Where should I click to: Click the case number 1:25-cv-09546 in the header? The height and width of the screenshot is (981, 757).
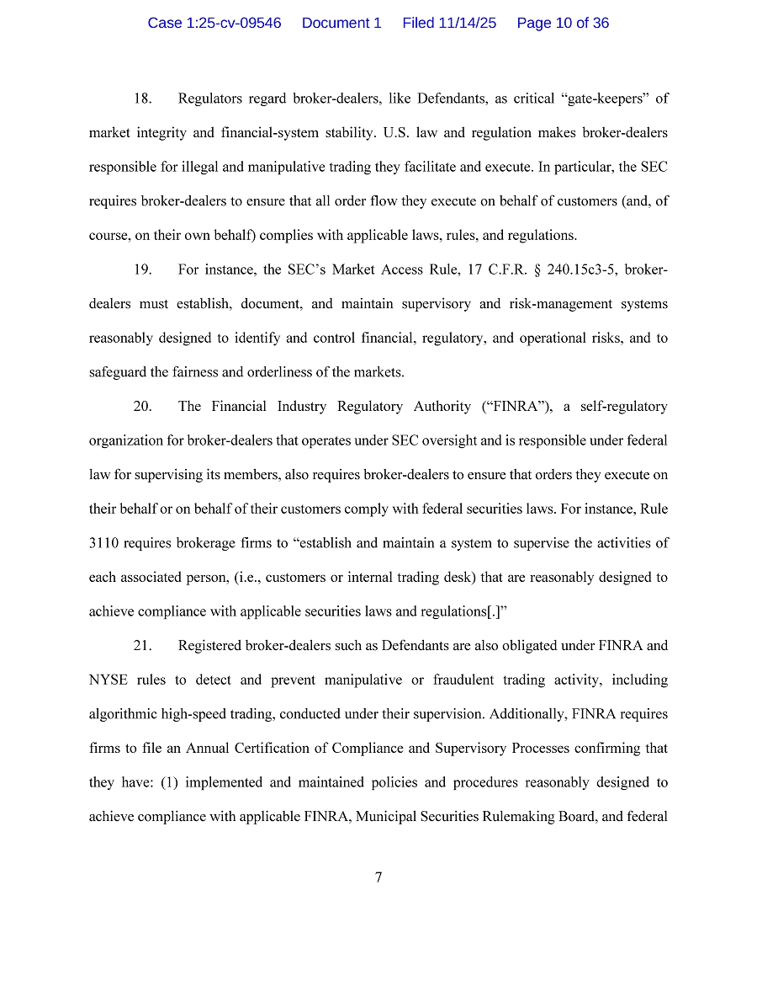(x=214, y=23)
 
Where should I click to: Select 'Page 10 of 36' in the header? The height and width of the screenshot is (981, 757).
(x=563, y=23)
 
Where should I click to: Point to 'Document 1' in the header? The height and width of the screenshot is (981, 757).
(x=341, y=23)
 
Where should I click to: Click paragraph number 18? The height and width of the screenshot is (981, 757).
(x=142, y=99)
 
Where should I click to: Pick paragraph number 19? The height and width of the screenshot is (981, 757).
(x=142, y=269)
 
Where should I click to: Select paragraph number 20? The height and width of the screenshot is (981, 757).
(x=142, y=407)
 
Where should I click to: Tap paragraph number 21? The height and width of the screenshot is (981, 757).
(x=142, y=646)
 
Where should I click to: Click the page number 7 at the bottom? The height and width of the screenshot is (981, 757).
(x=378, y=877)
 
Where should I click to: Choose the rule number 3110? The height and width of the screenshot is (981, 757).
(x=103, y=543)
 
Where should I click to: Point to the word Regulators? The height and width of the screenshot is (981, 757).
(x=209, y=99)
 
